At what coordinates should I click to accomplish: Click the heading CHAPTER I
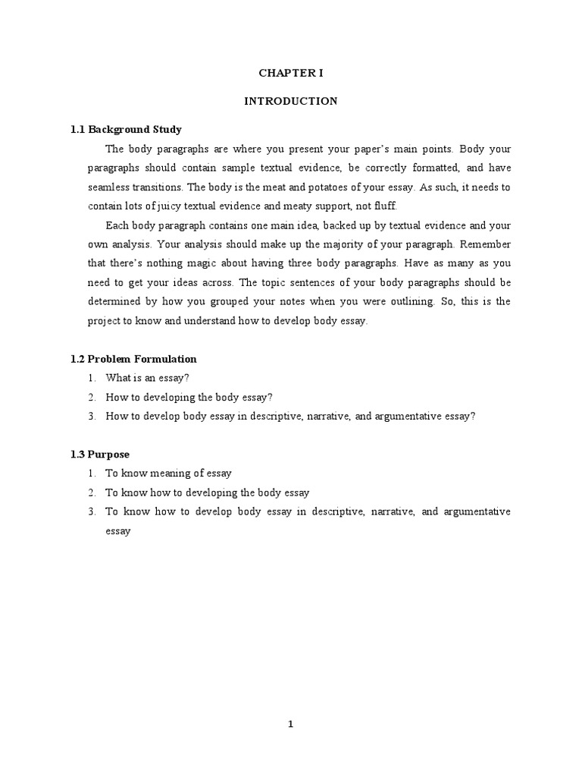291,74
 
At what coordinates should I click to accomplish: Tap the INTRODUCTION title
291,101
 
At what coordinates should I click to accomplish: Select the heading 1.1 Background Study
126,129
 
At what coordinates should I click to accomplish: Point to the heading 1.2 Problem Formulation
133,359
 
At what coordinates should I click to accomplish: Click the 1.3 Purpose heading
99,455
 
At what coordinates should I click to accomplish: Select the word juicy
161,206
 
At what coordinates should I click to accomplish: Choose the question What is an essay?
147,378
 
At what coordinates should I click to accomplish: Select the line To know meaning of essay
168,473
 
